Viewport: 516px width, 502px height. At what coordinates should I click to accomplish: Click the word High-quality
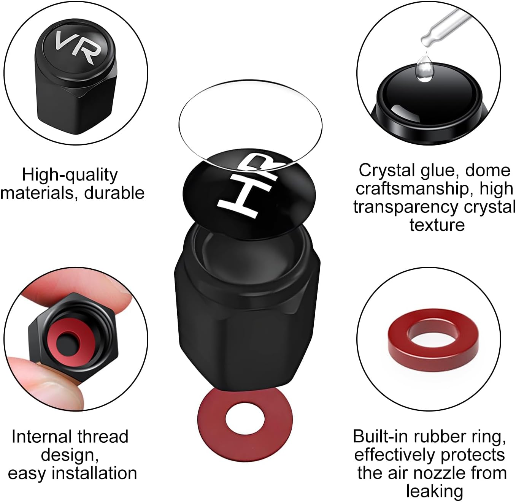pyautogui.click(x=70, y=175)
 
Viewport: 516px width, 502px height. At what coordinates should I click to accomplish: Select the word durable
pyautogui.click(x=114, y=193)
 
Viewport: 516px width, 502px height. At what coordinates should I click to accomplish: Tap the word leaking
pyautogui.click(x=434, y=491)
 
